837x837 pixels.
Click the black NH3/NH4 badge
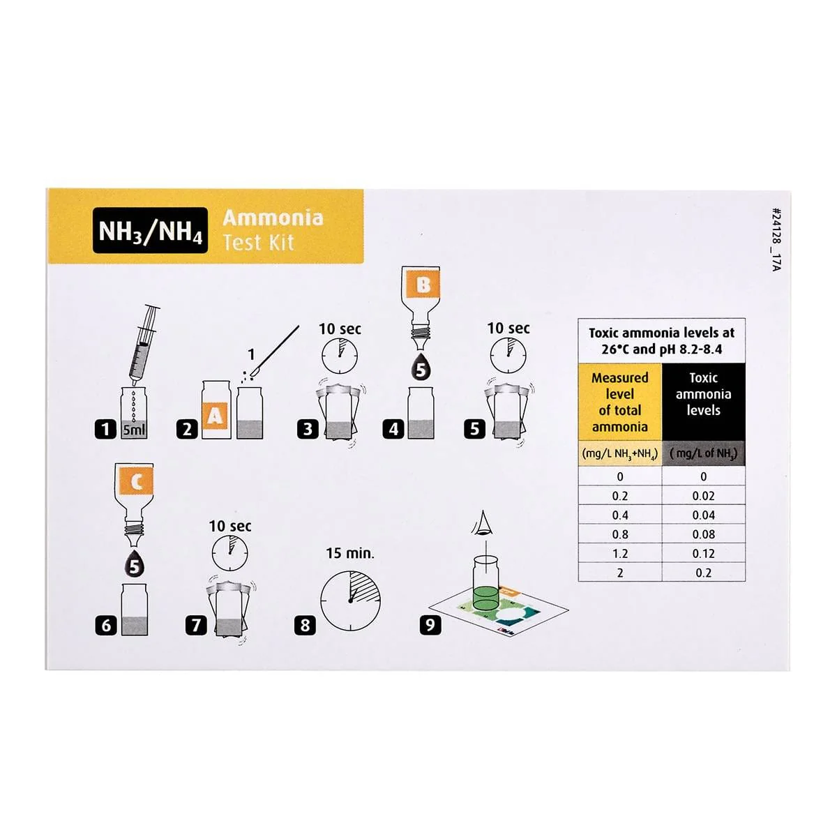pyautogui.click(x=150, y=230)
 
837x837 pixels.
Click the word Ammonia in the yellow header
pyautogui.click(x=273, y=218)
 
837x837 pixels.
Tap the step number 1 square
pyautogui.click(x=105, y=430)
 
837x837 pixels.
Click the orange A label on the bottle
pyautogui.click(x=215, y=416)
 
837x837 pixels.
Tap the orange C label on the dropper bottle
pyautogui.click(x=136, y=482)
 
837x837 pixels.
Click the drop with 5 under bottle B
pyautogui.click(x=421, y=367)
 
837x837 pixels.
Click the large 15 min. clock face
pyautogui.click(x=351, y=601)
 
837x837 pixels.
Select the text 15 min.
pyautogui.click(x=350, y=553)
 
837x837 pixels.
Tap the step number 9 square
pyautogui.click(x=430, y=626)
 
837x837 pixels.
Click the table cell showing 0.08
pyautogui.click(x=703, y=534)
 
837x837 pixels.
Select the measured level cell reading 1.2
pyautogui.click(x=620, y=553)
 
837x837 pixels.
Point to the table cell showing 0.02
pyautogui.click(x=703, y=496)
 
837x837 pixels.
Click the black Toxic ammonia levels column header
pyautogui.click(x=703, y=402)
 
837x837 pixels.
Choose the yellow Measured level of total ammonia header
pyautogui.click(x=620, y=402)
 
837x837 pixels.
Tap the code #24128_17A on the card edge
pyautogui.click(x=777, y=239)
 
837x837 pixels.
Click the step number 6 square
pyautogui.click(x=106, y=626)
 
